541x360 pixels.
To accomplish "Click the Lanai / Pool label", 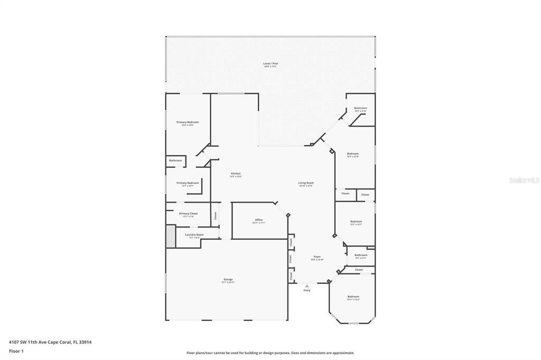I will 270,64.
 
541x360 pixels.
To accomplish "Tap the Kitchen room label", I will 236,174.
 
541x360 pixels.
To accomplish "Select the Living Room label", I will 306,183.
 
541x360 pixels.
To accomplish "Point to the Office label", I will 258,220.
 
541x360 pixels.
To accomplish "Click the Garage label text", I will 228,280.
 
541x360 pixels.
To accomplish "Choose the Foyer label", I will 316,257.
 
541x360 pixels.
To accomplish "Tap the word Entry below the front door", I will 307,290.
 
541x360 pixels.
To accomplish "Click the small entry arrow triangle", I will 307,286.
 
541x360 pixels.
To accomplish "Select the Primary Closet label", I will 188,214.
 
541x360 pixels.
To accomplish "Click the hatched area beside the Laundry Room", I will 171,236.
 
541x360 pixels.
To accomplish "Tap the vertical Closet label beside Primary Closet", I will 215,216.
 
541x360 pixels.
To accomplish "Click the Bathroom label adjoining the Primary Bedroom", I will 175,160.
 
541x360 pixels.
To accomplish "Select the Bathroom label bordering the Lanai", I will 360,108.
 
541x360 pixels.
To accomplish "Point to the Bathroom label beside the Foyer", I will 361,255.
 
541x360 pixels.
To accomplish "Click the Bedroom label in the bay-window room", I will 353,297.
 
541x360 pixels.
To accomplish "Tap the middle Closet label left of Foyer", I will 291,259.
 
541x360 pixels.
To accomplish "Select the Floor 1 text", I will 16,350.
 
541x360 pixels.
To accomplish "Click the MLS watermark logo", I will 524,180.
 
